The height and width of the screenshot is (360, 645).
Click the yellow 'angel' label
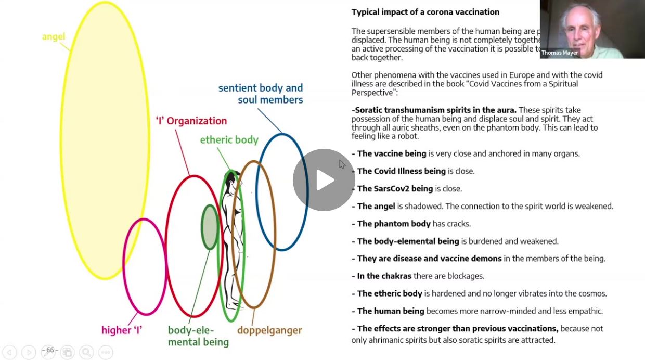tap(54, 37)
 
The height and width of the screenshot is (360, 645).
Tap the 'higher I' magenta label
tap(122, 330)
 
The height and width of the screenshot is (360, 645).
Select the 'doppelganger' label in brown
tap(269, 330)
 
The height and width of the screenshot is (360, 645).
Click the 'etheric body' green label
tap(229, 139)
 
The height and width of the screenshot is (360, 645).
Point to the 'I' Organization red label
tap(191, 121)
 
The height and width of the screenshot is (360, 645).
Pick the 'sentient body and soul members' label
tap(261, 94)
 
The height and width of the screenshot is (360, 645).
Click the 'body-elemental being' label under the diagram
tap(198, 336)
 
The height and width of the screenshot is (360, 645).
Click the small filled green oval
tap(210, 227)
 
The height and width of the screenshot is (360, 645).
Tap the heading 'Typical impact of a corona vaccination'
tap(425, 12)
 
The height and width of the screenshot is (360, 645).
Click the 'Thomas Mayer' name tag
tap(560, 53)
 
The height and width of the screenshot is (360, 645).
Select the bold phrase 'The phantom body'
tap(394, 224)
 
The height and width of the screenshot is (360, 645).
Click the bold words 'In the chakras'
tap(384, 276)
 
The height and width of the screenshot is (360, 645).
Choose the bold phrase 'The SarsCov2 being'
tap(395, 189)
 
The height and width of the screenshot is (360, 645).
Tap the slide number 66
tap(50, 350)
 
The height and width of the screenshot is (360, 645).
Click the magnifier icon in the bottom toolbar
tap(86, 352)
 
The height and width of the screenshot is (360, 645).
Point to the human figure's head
tap(232, 175)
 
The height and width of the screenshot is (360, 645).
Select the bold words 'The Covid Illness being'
tap(401, 171)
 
